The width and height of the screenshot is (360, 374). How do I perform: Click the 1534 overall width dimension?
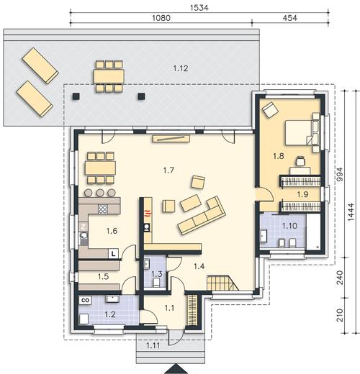coord(199,8)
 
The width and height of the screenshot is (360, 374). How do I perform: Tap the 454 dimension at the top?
coord(289,18)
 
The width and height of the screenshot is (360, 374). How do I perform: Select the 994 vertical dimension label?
coord(340,174)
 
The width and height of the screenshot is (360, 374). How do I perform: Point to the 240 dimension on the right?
coord(340,278)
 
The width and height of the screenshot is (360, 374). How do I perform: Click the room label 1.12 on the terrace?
coord(181,68)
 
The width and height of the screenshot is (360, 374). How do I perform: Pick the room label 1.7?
coord(168,170)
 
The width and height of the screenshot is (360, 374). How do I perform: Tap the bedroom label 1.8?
coord(279,156)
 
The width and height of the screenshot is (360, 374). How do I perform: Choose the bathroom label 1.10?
coord(289,226)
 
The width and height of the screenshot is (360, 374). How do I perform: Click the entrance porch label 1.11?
coord(153,345)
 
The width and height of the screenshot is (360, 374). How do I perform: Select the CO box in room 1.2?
coord(86,300)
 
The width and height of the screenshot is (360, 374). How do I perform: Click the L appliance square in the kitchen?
coord(114,254)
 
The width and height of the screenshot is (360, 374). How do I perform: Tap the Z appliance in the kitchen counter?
coord(84,227)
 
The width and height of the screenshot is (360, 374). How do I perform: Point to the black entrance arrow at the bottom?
coord(176,369)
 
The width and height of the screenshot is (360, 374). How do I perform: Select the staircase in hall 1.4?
coord(223,283)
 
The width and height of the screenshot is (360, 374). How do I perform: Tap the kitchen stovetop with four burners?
coord(103,209)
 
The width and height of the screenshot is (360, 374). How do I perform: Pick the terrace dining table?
coord(109,76)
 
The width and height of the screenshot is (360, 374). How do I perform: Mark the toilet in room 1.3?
coord(157,282)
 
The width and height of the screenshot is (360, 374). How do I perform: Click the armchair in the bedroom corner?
coord(270,109)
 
